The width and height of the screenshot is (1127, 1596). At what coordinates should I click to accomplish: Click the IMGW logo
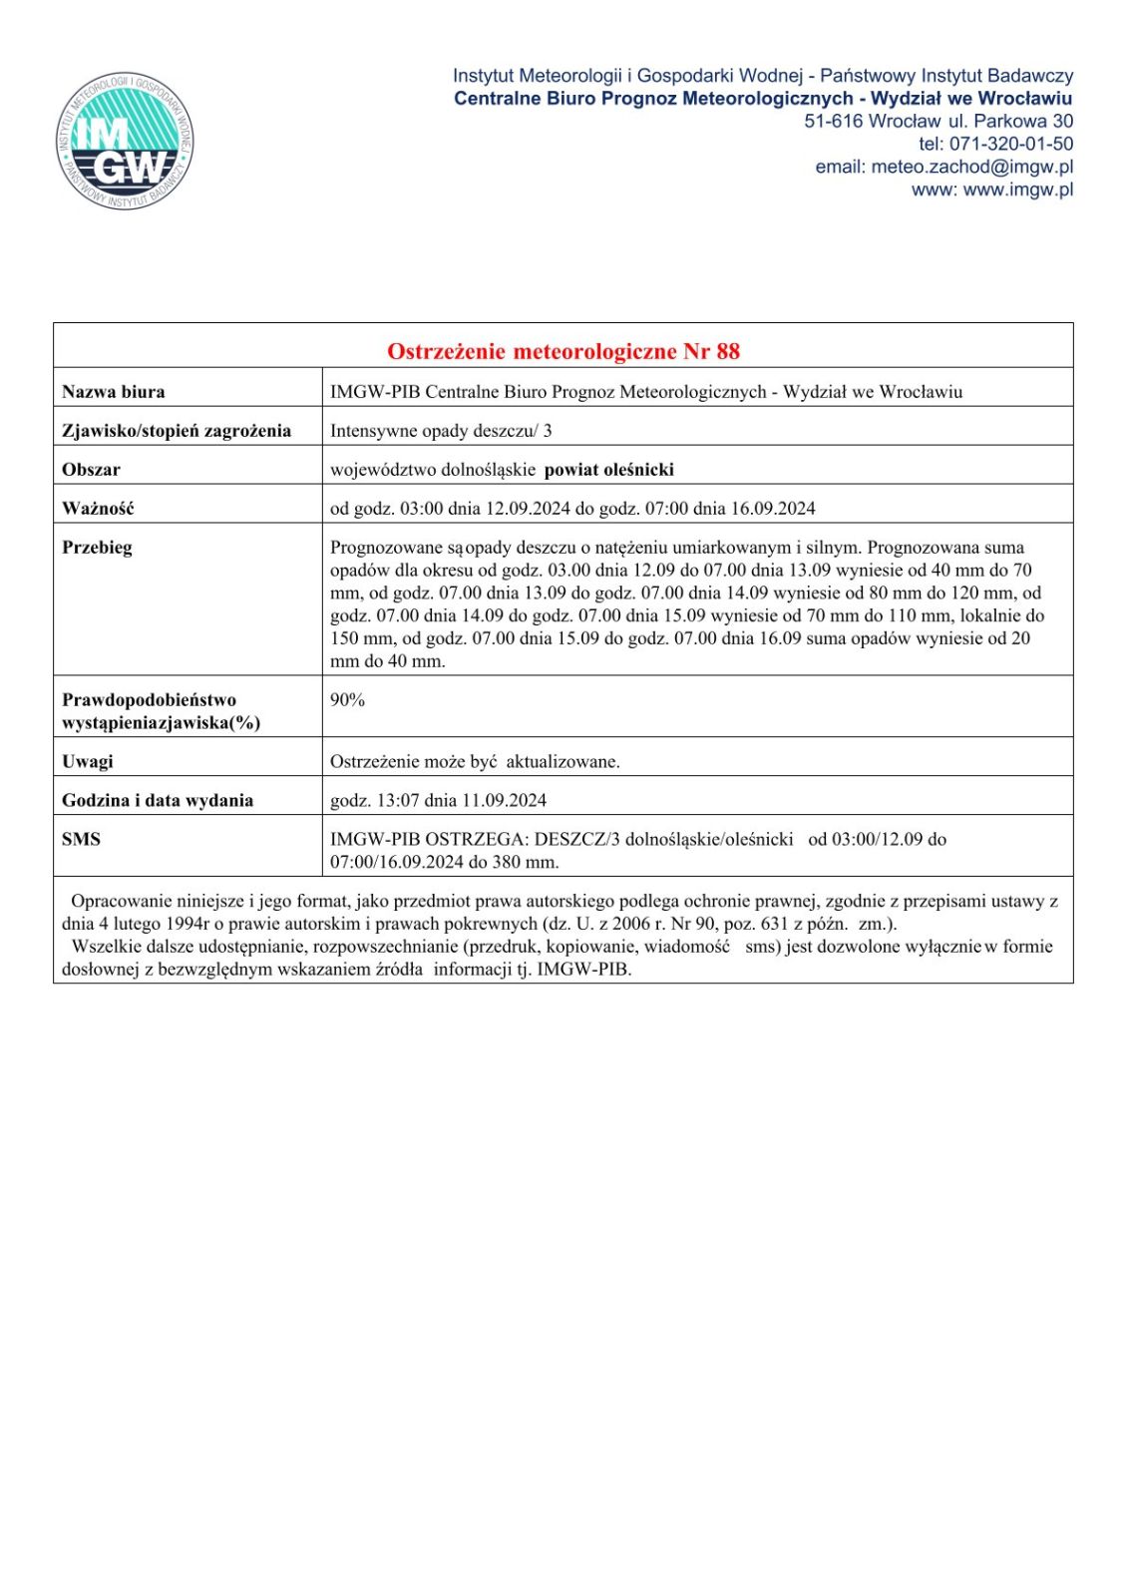tap(125, 141)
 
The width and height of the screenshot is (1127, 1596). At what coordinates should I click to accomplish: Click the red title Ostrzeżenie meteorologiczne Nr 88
tap(563, 351)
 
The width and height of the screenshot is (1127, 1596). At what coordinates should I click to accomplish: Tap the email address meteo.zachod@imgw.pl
tap(971, 167)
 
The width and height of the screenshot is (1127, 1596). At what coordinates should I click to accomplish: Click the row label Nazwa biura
tap(114, 392)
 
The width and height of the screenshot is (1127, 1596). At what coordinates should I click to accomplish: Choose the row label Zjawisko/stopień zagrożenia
tap(177, 431)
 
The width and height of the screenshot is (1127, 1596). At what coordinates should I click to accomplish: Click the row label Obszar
tap(91, 470)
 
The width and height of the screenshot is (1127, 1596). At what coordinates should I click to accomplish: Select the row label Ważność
tap(98, 509)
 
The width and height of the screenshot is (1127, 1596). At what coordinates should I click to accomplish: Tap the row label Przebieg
tap(97, 548)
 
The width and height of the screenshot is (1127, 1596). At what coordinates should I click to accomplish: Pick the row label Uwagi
tap(88, 762)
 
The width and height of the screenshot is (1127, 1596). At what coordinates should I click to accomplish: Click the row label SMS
tap(81, 840)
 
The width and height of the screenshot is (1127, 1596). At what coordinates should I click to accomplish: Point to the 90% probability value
tap(347, 700)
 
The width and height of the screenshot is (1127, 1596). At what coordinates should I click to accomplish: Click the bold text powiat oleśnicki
tap(608, 470)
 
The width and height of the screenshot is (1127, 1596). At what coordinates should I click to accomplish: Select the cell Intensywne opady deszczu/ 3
tap(441, 431)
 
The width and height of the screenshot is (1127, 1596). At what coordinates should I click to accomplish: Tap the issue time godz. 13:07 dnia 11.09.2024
tap(438, 801)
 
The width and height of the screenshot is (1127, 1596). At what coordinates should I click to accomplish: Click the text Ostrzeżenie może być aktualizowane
tap(475, 762)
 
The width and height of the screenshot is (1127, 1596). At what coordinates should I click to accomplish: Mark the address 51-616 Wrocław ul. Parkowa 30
tap(939, 121)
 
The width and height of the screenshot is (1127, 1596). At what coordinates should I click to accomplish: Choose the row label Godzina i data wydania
tap(158, 801)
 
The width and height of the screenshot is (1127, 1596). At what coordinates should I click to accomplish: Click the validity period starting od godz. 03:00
tap(572, 509)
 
